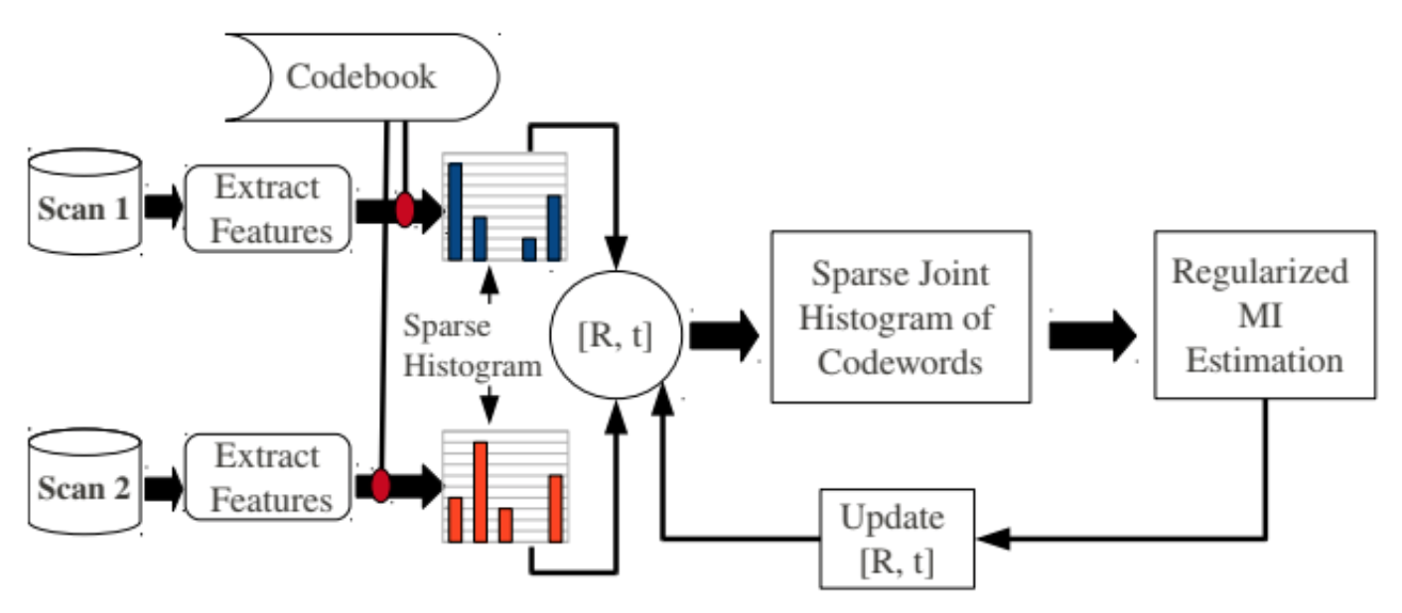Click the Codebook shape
362,77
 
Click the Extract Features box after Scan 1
267,208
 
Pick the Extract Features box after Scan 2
267,478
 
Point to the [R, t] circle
616,336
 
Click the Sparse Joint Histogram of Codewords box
900,316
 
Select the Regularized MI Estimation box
1263,315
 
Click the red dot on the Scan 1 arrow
405,210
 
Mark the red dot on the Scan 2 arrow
380,486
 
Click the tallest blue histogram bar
455,211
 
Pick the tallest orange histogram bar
481,492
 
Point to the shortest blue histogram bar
529,249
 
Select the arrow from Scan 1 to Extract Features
162,207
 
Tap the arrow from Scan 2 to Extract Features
162,487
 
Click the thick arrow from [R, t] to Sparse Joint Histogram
723,335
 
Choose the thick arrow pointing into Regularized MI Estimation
1092,335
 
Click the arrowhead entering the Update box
992,539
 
